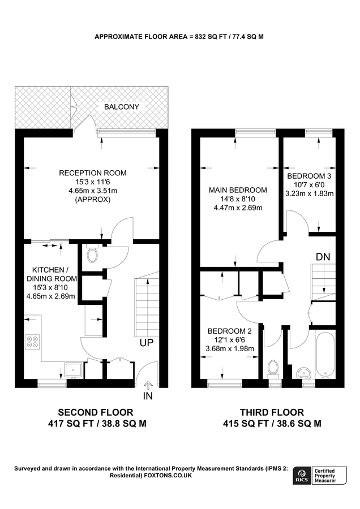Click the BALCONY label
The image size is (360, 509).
[121, 106]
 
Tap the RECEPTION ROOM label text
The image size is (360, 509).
[93, 173]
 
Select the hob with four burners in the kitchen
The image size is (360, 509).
[32, 342]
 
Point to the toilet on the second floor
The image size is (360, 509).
[93, 256]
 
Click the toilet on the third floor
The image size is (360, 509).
[273, 369]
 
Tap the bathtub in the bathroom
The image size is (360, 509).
[327, 355]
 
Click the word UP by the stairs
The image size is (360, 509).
[146, 343]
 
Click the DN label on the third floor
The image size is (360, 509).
[323, 257]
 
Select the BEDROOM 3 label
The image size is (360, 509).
[309, 176]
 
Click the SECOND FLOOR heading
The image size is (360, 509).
[96, 412]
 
